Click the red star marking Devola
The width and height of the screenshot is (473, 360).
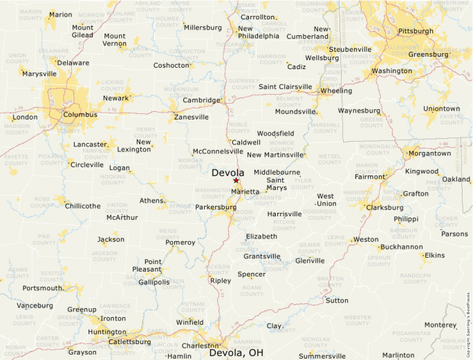pos(236,180)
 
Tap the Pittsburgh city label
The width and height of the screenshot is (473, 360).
pos(416,31)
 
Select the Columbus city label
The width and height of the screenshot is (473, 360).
pos(80,114)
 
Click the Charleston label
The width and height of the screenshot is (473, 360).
pos(200,345)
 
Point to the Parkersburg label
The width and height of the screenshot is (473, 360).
pos(216,207)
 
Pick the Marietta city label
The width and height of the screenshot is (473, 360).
pos(245,191)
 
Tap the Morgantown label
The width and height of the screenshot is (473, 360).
pos(429,153)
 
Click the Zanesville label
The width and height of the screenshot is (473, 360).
pos(192,117)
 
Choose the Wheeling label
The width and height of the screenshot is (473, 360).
pos(336,91)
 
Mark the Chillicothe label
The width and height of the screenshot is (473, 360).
pos(83,206)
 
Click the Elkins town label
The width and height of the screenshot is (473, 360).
pos(434,255)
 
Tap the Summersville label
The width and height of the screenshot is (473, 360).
pos(322,356)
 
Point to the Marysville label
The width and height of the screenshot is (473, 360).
pos(39,73)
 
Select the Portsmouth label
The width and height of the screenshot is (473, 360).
pos(43,288)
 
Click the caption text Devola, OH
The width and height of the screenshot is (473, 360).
pos(236,353)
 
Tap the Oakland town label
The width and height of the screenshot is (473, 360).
pos(456,179)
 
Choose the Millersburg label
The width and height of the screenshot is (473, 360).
pos(203,28)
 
